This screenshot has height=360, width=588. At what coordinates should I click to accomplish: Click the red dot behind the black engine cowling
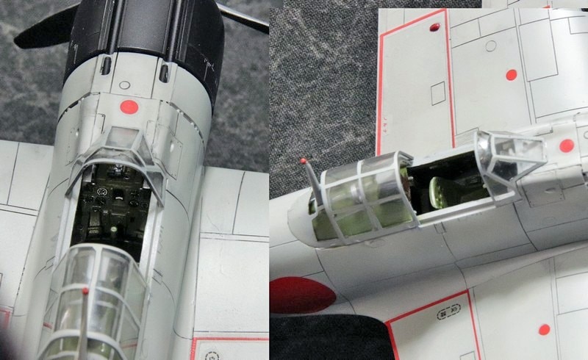[x=129, y=107]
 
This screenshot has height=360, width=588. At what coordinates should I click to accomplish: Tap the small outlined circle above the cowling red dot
[x=124, y=85]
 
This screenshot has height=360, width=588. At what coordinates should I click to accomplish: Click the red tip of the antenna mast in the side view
[x=303, y=160]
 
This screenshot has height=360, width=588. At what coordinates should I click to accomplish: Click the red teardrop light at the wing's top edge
[x=434, y=28]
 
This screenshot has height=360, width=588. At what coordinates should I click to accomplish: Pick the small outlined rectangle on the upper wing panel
[x=437, y=93]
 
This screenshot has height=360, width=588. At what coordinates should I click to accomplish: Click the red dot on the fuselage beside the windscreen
[x=566, y=145]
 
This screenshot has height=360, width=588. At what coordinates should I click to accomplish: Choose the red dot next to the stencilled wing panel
[x=544, y=329]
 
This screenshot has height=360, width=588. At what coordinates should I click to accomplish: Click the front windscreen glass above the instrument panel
[x=122, y=143]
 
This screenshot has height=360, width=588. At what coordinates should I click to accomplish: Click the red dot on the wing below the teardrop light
[x=511, y=74]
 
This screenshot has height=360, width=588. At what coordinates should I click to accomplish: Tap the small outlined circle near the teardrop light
[x=490, y=47]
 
